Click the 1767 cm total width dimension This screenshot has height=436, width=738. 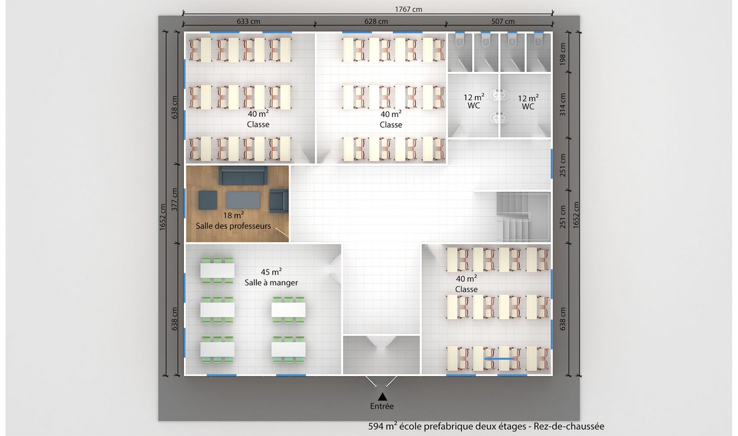pyautogui.click(x=408, y=9)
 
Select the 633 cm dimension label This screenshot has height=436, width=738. pyautogui.click(x=248, y=22)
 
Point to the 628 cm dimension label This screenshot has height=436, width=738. pyautogui.click(x=376, y=22)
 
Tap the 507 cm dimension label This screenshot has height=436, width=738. pyautogui.click(x=503, y=22)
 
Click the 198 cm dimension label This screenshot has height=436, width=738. pyautogui.click(x=562, y=54)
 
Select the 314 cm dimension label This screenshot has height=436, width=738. pyautogui.click(x=562, y=105)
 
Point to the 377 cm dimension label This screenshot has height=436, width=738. pyautogui.click(x=174, y=199)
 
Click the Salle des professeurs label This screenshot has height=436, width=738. pyautogui.click(x=233, y=226)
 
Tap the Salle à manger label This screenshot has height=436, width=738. pyautogui.click(x=271, y=283)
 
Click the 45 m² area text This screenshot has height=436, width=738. pyautogui.click(x=271, y=272)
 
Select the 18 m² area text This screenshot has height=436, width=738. pyautogui.click(x=233, y=215)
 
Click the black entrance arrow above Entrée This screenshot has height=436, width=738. pyautogui.click(x=382, y=397)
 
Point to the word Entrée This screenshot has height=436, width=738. pyautogui.click(x=382, y=406)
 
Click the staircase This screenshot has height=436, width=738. pyautogui.click(x=523, y=217)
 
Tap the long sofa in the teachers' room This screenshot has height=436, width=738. pyautogui.click(x=243, y=176)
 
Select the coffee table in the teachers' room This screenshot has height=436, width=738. pyautogui.click(x=243, y=200)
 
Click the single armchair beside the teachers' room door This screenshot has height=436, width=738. pyautogui.click(x=279, y=200)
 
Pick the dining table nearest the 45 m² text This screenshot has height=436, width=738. pyautogui.click(x=218, y=271)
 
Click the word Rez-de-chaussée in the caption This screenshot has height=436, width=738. pyautogui.click(x=569, y=426)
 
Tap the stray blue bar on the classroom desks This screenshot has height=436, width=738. pyautogui.click(x=499, y=359)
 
